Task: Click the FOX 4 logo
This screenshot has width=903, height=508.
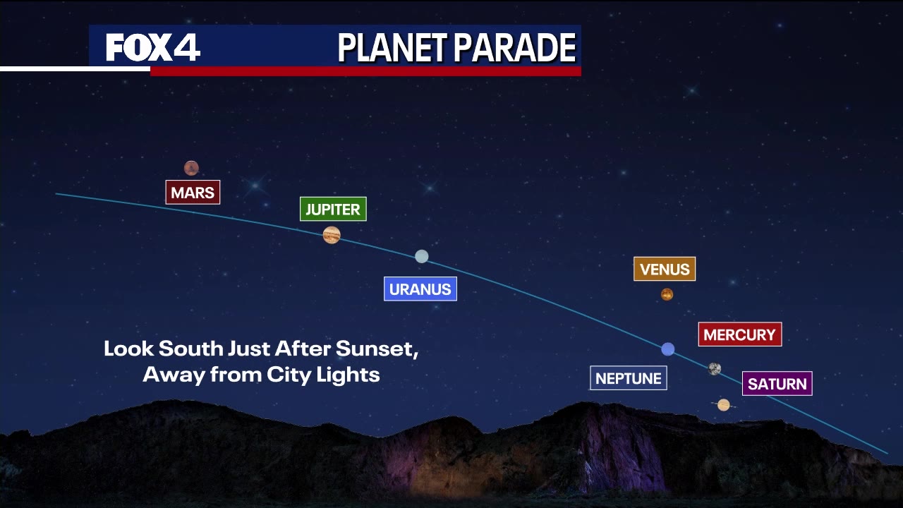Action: click(x=153, y=47)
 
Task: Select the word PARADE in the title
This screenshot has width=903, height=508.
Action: click(x=515, y=48)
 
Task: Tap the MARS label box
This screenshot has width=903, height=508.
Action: click(x=193, y=193)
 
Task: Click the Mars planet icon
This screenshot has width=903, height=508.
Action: click(x=191, y=168)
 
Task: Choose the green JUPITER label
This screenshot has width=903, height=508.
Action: click(x=333, y=210)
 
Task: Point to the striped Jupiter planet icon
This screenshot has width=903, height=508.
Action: click(x=332, y=235)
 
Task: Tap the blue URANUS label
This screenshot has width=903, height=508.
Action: click(x=420, y=289)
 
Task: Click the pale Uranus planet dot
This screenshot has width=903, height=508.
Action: click(x=422, y=256)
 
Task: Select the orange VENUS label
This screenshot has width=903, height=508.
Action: click(x=665, y=269)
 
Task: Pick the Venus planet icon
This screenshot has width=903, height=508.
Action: click(x=667, y=295)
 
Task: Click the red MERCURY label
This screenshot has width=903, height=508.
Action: click(x=739, y=334)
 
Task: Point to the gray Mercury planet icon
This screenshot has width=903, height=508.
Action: click(x=715, y=368)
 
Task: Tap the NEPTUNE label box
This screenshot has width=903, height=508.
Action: click(x=628, y=378)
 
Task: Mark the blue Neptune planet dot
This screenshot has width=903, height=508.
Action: click(x=668, y=349)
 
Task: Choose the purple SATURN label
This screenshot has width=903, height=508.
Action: click(x=777, y=384)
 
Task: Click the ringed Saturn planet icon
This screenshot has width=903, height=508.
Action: click(x=724, y=405)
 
